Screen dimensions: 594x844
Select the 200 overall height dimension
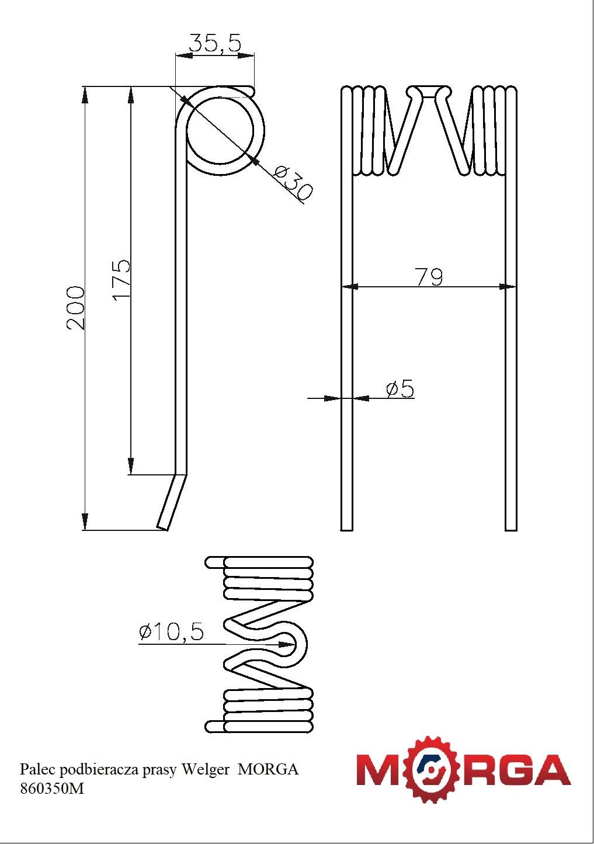75,308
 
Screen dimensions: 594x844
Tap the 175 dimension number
121,279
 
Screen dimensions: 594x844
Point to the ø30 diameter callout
293,183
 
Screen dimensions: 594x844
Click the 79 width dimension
429,277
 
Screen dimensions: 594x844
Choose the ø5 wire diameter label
400,388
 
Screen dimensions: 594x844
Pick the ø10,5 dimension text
171,631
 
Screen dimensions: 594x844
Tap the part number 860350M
52,789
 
